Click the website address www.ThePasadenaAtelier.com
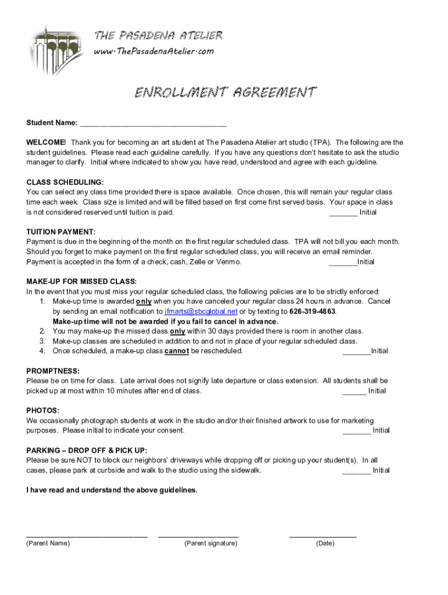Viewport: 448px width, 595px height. click(x=154, y=51)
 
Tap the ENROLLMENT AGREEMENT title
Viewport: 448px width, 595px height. click(x=226, y=92)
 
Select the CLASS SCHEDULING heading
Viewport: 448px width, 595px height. click(x=65, y=182)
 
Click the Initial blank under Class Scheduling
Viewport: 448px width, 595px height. click(x=343, y=213)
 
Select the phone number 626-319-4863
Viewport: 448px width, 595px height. click(x=312, y=311)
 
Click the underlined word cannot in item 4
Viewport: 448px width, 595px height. click(x=177, y=351)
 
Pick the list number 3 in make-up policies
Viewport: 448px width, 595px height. click(x=42, y=341)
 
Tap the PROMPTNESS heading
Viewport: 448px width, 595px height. click(x=53, y=371)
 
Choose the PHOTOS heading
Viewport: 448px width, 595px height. click(x=42, y=410)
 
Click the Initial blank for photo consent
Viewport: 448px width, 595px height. click(x=357, y=431)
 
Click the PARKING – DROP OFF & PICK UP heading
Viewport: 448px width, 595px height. click(x=87, y=450)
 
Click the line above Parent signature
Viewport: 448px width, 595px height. click(x=198, y=535)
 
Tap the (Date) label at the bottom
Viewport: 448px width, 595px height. click(x=325, y=543)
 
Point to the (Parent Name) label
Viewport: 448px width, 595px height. click(x=48, y=543)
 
